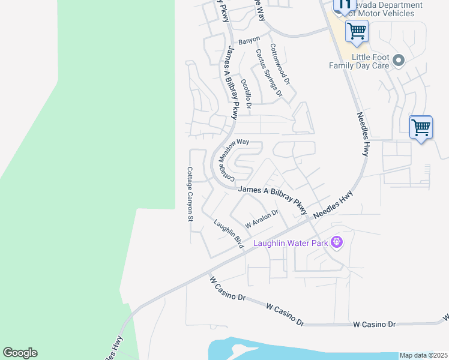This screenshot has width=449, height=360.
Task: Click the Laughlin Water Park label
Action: [x=291, y=243]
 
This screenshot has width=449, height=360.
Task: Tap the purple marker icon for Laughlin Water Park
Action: [x=336, y=242]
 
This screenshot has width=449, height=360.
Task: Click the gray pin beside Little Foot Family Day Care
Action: [x=401, y=61]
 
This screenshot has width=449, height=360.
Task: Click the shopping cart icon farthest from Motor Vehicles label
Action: [x=421, y=127]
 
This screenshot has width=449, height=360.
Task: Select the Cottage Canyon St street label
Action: [x=190, y=194]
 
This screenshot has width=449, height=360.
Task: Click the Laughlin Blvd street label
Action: [x=228, y=233]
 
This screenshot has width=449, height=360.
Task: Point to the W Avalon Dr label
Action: [x=262, y=219]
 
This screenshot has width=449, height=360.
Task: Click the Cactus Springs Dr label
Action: [x=268, y=72]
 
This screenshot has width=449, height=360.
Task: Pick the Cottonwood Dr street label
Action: [x=280, y=63]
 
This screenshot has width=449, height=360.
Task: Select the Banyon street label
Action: [x=249, y=40]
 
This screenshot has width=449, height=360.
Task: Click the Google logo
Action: [x=20, y=353]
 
